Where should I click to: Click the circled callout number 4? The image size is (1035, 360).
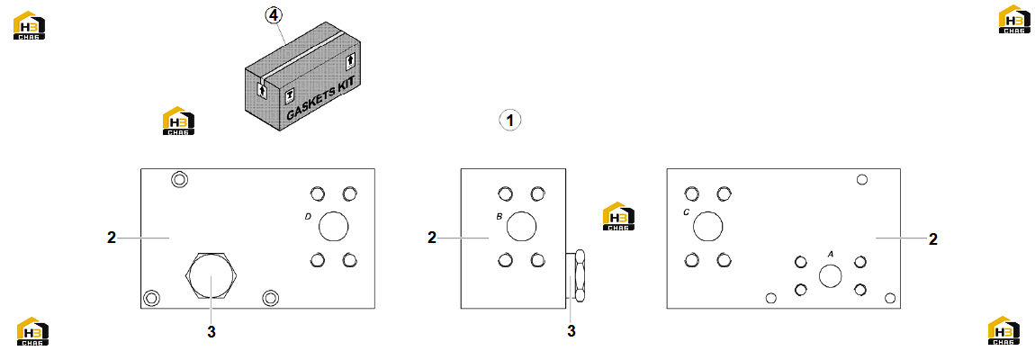click(274, 14)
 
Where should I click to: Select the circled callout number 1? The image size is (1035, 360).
click(509, 121)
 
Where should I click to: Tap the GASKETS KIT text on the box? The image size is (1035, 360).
click(320, 98)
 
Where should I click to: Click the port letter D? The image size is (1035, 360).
click(308, 215)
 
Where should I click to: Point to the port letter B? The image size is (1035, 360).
click(499, 215)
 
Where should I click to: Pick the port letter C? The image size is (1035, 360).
click(687, 212)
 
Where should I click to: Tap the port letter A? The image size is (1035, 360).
click(831, 253)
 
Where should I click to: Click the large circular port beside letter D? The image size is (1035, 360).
click(333, 227)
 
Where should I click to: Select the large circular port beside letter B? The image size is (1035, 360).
click(521, 227)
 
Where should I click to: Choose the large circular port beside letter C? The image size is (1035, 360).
click(707, 227)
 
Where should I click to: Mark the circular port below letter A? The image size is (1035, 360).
click(831, 275)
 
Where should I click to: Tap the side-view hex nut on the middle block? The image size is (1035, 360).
click(580, 276)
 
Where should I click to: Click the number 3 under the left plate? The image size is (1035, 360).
click(211, 332)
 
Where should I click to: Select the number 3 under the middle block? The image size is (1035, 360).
click(571, 331)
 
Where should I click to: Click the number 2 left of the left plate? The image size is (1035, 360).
click(112, 238)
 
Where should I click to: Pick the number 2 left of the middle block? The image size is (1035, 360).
click(432, 238)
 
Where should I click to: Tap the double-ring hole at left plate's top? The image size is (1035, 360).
click(178, 179)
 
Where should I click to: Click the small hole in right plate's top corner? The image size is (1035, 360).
click(861, 180)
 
